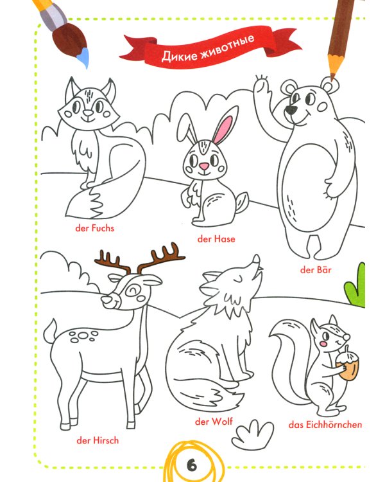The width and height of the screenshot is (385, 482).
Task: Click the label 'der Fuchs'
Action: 94,228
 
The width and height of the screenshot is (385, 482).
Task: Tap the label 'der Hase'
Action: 216,239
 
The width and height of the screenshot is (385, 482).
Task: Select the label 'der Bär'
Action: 316,269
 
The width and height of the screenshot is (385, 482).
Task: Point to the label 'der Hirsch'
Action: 98,440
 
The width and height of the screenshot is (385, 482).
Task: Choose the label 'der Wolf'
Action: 214,421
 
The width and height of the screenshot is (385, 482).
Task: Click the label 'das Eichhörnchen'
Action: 325,425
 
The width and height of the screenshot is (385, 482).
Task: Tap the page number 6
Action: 192,465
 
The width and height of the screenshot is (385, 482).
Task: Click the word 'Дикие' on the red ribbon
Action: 180,55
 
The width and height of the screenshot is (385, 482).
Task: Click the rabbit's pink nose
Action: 204,166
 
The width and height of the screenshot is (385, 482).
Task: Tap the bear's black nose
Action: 290,110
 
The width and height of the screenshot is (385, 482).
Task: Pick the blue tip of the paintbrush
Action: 83,58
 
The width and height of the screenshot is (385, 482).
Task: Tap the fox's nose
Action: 89,113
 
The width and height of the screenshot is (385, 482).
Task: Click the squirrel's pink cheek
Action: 323,343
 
